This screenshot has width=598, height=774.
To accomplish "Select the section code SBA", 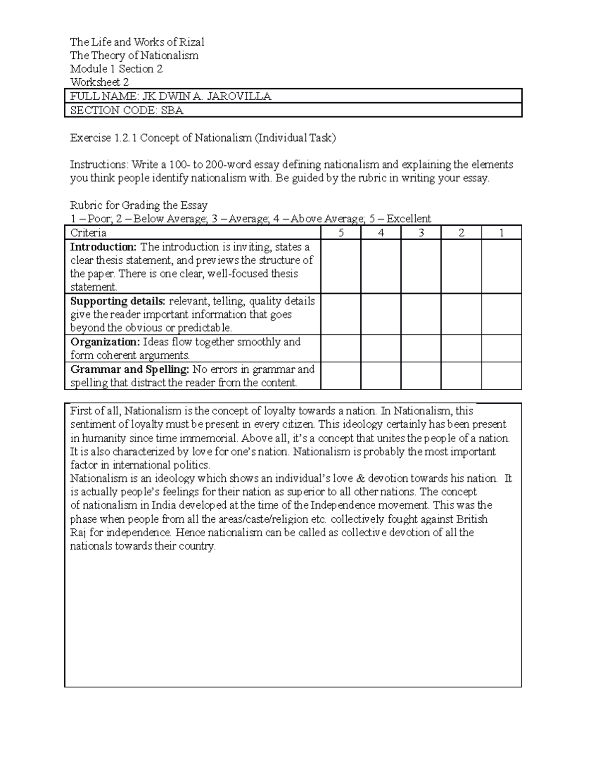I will [x=172, y=110].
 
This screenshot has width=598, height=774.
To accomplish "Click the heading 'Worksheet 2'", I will [x=100, y=82].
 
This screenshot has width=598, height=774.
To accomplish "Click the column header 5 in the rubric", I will [x=341, y=233].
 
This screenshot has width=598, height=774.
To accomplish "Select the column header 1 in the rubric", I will [x=501, y=233].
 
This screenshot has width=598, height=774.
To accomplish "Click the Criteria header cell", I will [x=88, y=233].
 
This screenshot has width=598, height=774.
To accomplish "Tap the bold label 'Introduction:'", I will [x=103, y=247].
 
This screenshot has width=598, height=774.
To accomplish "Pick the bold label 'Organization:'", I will [x=105, y=342].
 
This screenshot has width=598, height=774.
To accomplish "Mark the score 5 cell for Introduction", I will [x=341, y=266].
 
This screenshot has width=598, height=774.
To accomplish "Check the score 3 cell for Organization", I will [x=421, y=348].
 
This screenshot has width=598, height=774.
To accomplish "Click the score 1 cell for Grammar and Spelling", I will [x=501, y=376].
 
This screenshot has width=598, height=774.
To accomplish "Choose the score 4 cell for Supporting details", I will [x=381, y=314].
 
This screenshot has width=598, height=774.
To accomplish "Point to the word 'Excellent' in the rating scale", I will [x=409, y=219].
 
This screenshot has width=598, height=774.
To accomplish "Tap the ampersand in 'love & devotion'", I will [x=362, y=478].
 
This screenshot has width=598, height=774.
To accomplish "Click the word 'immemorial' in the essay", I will [x=211, y=439].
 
